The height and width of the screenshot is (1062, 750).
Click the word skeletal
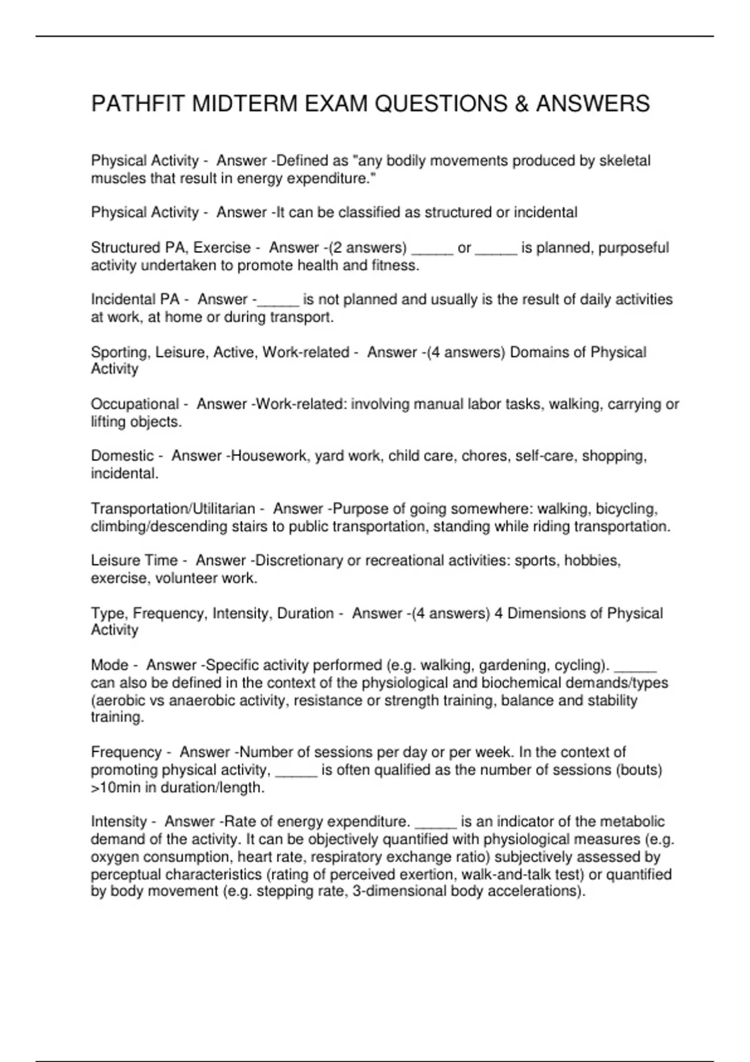pyautogui.click(x=624, y=161)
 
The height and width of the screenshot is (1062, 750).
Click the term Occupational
pyautogui.click(x=135, y=404)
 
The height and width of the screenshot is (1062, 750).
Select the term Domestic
pyautogui.click(x=122, y=456)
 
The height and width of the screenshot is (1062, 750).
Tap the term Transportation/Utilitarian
pyautogui.click(x=173, y=509)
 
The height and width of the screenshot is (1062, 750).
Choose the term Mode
pyautogui.click(x=109, y=665)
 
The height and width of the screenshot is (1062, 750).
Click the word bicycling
pyautogui.click(x=626, y=509)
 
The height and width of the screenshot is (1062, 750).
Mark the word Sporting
pyautogui.click(x=120, y=352)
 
